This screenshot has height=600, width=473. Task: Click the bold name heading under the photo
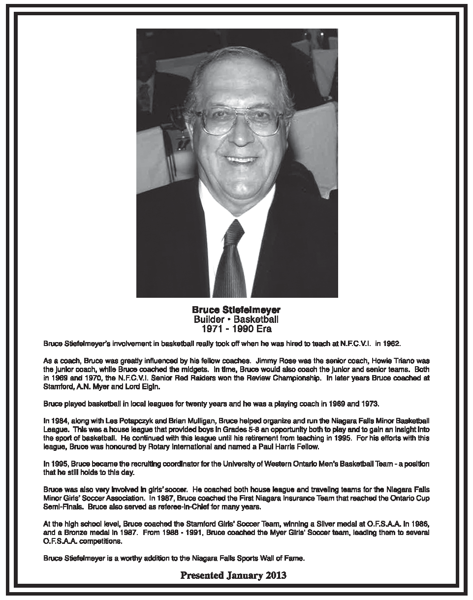(x=236, y=310)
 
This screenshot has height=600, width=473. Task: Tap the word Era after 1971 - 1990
(x=262, y=329)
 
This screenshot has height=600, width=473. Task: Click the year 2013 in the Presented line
(x=275, y=575)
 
